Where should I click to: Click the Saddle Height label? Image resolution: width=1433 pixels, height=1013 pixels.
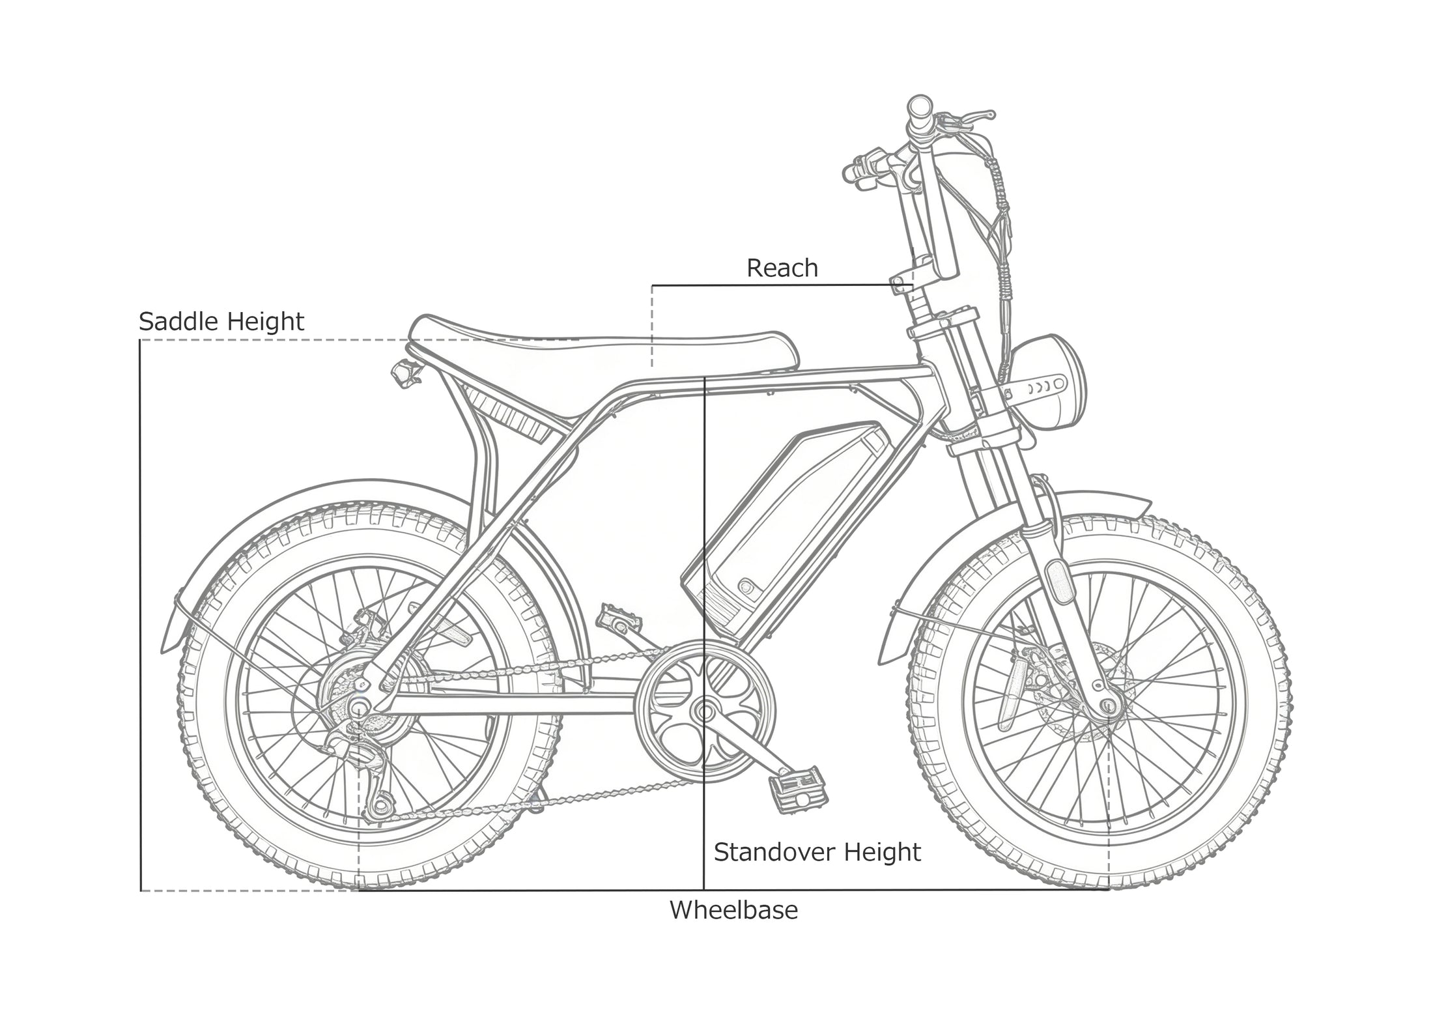point(221,322)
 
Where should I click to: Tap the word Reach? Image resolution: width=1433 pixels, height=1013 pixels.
point(782,268)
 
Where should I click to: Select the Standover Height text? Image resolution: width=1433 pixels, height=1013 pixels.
point(817,852)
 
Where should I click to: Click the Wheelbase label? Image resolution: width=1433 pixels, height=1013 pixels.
point(734,910)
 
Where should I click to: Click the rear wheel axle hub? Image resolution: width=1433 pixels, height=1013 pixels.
point(358,707)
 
